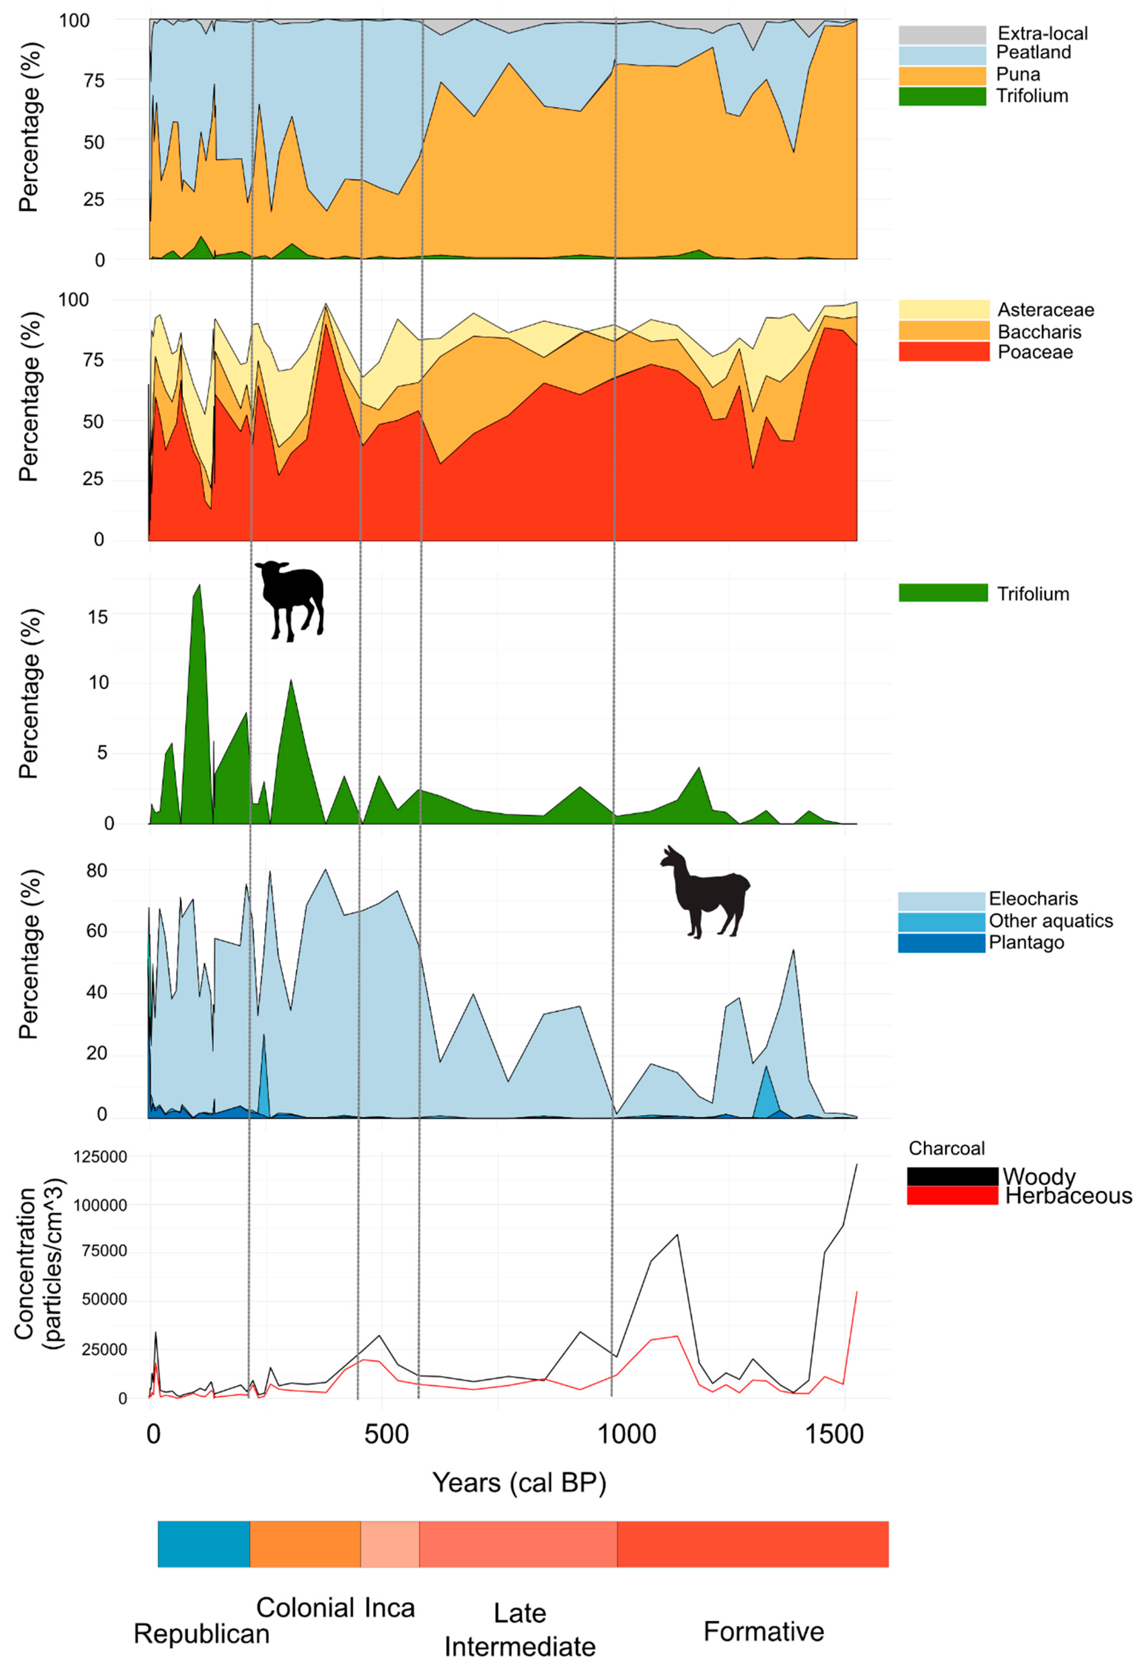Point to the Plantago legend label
pyautogui.click(x=1026, y=943)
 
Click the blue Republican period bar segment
pyautogui.click(x=203, y=1544)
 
